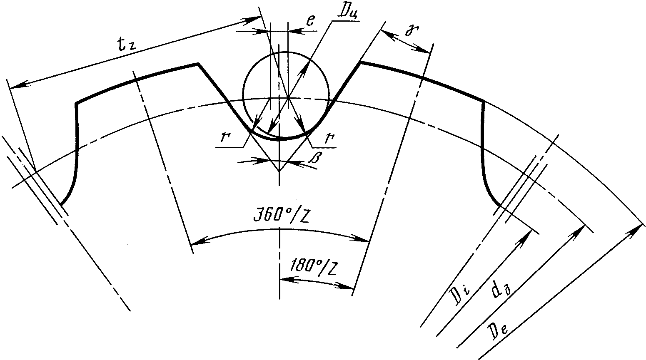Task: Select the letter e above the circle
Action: [310, 21]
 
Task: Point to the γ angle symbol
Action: [412, 31]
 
